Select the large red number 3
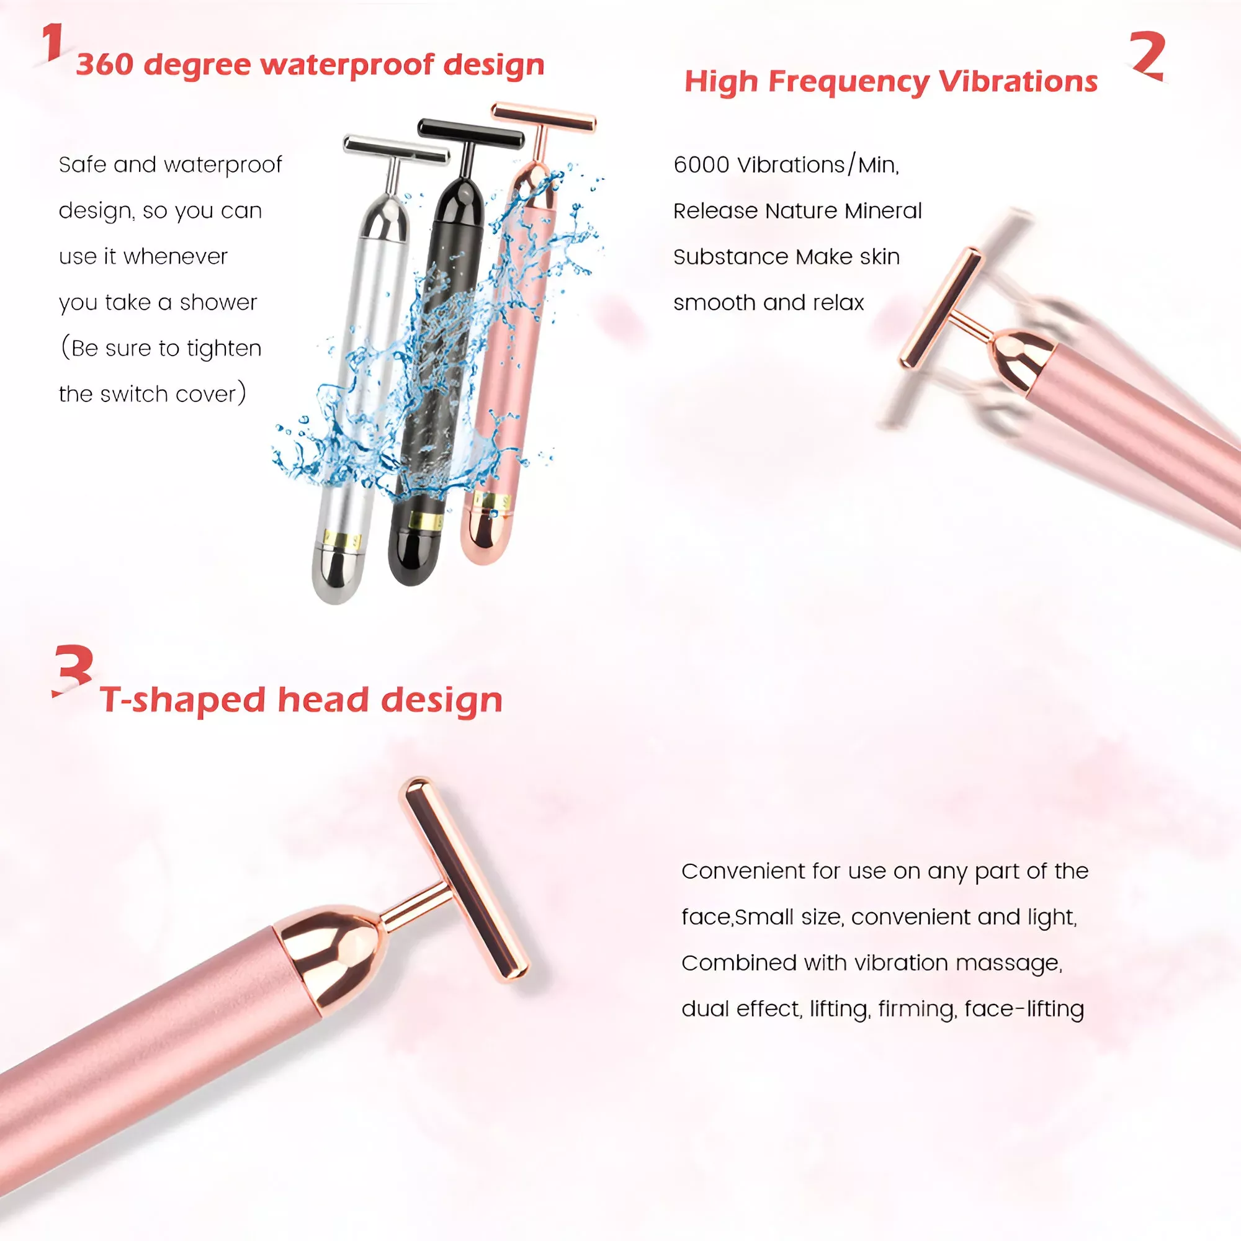click(x=73, y=671)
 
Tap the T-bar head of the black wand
click(x=470, y=131)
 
